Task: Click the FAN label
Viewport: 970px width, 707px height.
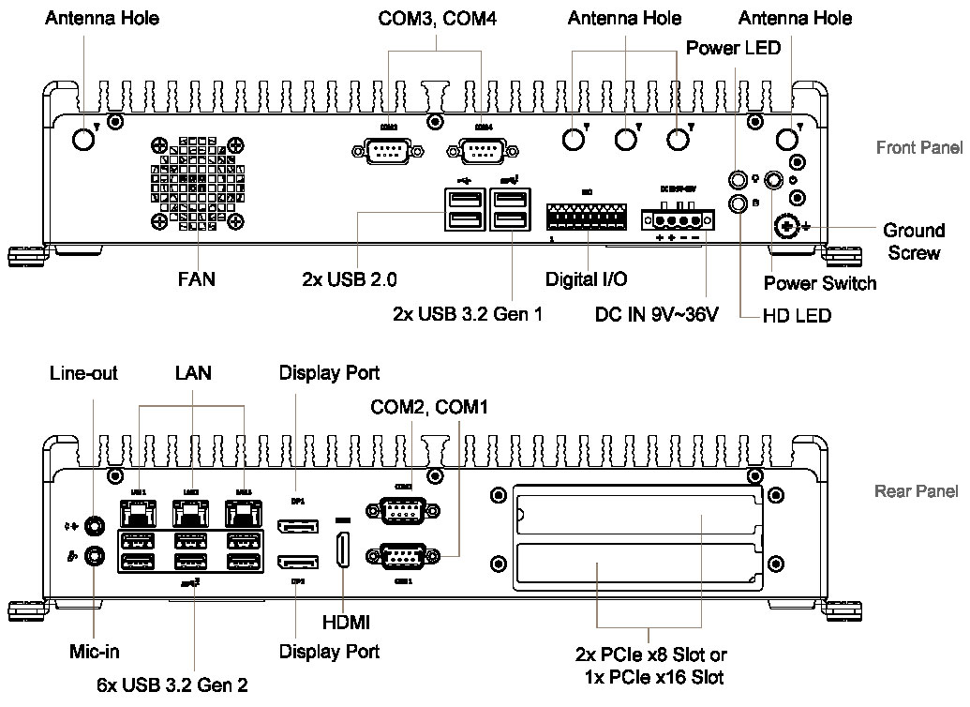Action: pyautogui.click(x=197, y=279)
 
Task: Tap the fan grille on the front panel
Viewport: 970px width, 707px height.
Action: pyautogui.click(x=197, y=182)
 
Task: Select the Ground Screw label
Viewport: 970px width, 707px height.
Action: pyautogui.click(x=915, y=241)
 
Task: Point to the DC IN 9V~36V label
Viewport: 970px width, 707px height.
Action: pyautogui.click(x=656, y=313)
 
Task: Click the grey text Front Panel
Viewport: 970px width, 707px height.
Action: pyautogui.click(x=918, y=147)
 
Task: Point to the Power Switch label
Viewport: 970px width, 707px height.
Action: pyautogui.click(x=820, y=283)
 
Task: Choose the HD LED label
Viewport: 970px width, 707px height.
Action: pyautogui.click(x=797, y=316)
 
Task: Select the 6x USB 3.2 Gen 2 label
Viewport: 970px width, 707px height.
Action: pyautogui.click(x=172, y=685)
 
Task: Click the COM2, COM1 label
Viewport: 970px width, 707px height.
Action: pyautogui.click(x=429, y=407)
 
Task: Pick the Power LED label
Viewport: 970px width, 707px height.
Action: pyautogui.click(x=733, y=48)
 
